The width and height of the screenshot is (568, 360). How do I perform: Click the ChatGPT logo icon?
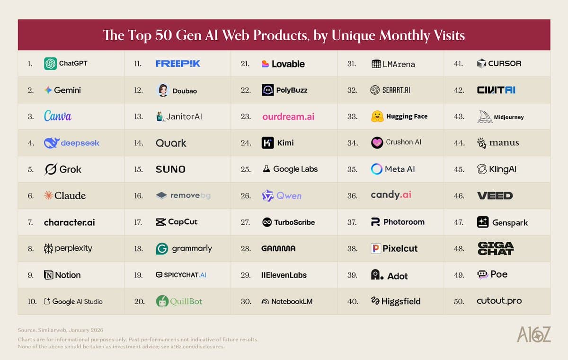pyautogui.click(x=50, y=63)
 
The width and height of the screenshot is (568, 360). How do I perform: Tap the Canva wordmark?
pyautogui.click(x=58, y=116)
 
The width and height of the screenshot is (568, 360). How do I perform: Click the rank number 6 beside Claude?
pyautogui.click(x=30, y=196)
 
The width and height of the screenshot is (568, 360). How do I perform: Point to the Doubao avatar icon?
pyautogui.click(x=163, y=90)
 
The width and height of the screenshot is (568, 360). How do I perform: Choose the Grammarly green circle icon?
pyautogui.click(x=162, y=249)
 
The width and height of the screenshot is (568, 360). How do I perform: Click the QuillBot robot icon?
pyautogui.click(x=162, y=301)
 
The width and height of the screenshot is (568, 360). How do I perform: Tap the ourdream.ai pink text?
pyautogui.click(x=288, y=116)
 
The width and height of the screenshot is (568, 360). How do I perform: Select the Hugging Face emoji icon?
pyautogui.click(x=377, y=116)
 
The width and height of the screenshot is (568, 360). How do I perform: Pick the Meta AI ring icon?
pyautogui.click(x=377, y=169)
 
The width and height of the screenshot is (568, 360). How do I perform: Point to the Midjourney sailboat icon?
pyautogui.click(x=485, y=117)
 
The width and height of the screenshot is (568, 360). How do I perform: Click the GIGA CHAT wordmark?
pyautogui.click(x=496, y=248)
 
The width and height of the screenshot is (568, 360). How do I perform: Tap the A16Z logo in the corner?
pyautogui.click(x=533, y=334)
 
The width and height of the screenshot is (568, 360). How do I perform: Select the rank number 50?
pyautogui.click(x=459, y=301)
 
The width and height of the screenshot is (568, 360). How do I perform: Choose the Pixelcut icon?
pyautogui.click(x=376, y=249)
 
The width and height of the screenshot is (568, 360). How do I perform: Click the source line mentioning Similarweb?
pyautogui.click(x=61, y=330)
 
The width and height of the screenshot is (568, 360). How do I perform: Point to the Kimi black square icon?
pyautogui.click(x=268, y=143)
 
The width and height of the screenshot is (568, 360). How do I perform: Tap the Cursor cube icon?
pyautogui.click(x=481, y=63)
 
